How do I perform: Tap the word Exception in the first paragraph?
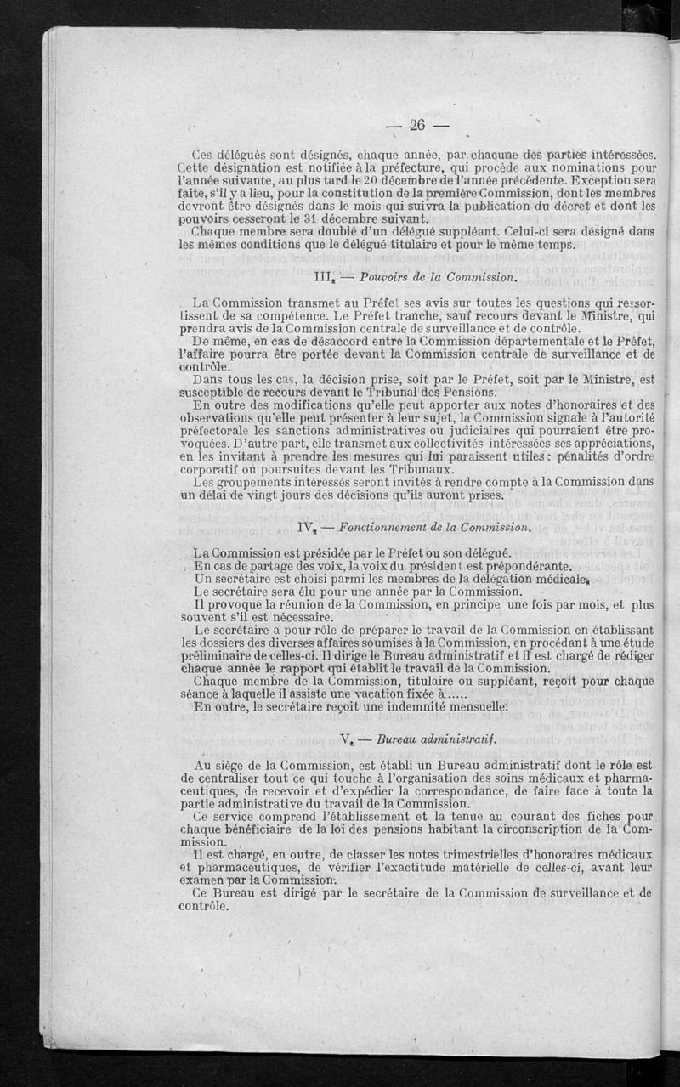point(605,182)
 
